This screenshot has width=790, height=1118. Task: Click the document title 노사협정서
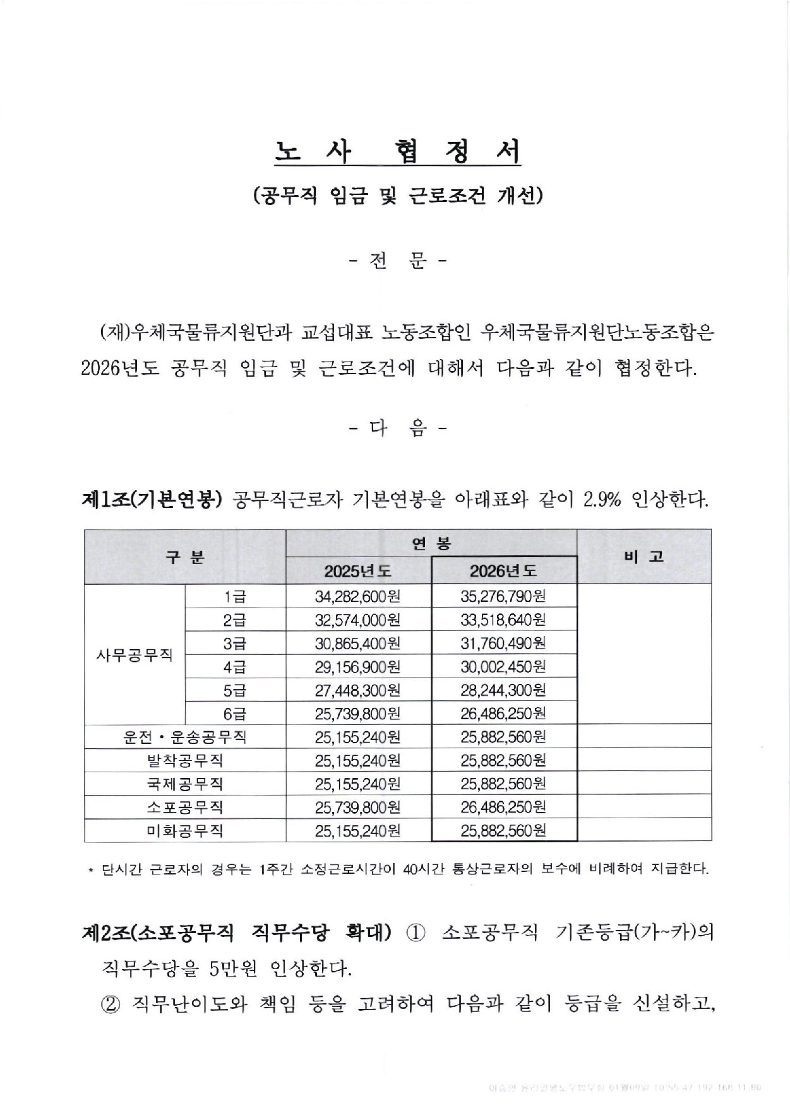397,151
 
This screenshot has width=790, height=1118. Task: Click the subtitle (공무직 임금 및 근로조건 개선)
397,196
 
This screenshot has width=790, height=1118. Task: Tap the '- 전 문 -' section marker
397,261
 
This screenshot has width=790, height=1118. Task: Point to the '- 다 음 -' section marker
397,429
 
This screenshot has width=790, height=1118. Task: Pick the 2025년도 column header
358,571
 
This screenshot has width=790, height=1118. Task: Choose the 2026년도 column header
503,571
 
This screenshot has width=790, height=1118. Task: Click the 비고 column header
644,556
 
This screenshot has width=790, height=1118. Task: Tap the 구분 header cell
185,556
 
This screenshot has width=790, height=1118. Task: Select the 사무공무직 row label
135,654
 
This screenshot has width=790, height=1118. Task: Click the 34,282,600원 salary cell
358,596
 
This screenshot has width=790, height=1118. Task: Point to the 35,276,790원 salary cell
503,596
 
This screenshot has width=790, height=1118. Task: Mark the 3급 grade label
235,644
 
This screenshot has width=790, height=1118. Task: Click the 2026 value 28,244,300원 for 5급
503,690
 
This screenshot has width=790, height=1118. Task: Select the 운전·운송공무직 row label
185,737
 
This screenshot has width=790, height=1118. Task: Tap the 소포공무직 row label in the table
185,807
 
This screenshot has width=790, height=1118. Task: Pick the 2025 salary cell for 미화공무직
358,830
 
